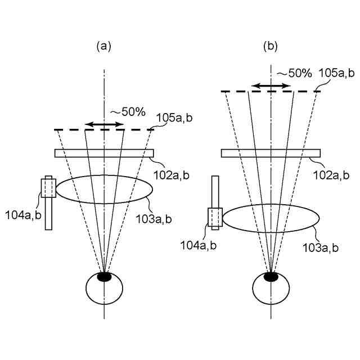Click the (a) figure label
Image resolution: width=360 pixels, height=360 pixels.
pos(103,47)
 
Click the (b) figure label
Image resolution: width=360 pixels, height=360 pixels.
pos(271,47)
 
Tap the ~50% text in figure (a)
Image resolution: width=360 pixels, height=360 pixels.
pos(128,112)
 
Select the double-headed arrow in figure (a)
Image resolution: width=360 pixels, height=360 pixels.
pos(103,124)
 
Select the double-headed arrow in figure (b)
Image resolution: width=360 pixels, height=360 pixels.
pos(271,85)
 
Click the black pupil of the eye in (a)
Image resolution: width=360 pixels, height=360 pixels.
pos(104,276)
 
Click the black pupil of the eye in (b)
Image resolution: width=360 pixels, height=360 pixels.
pos(271,276)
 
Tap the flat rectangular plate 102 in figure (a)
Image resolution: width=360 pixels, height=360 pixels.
pos(104,153)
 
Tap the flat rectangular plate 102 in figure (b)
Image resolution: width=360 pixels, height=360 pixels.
pos(271,153)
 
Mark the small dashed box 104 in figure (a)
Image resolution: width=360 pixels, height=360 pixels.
pos(48,188)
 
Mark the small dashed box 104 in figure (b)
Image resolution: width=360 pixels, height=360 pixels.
pos(215,217)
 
